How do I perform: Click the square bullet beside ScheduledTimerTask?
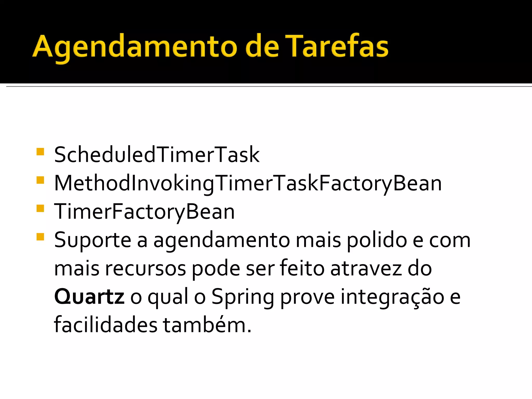40,151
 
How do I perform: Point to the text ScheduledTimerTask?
157,155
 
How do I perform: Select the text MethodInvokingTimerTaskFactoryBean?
248,183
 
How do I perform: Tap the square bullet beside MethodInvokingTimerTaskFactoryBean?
40,180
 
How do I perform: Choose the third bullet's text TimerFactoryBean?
144,212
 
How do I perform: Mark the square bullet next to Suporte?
40,237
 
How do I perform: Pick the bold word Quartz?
89,297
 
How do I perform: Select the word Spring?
243,297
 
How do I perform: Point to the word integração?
393,297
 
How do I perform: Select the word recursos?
145,269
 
